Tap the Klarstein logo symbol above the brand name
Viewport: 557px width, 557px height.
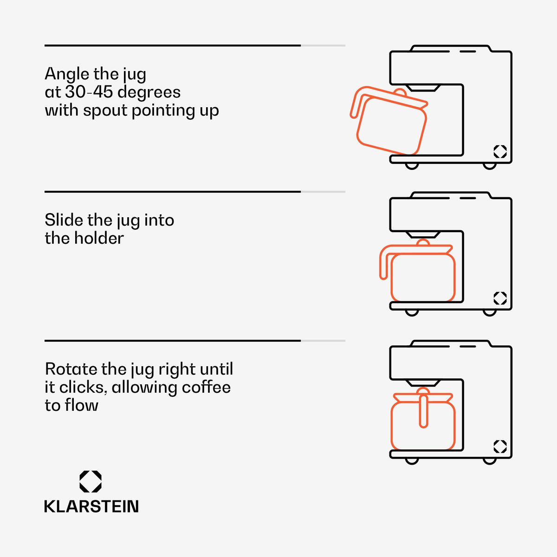click(91, 481)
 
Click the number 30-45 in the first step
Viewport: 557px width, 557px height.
click(89, 92)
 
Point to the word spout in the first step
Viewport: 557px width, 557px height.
click(105, 111)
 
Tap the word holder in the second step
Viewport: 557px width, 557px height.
click(99, 238)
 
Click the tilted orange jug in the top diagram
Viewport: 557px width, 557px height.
click(389, 121)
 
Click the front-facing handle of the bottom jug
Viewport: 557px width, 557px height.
click(423, 411)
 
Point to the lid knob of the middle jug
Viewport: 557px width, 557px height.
click(423, 242)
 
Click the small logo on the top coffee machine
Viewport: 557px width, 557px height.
click(500, 151)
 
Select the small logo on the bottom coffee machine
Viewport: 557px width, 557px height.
click(500, 447)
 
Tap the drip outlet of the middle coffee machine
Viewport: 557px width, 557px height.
click(423, 234)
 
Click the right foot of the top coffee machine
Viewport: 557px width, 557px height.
click(490, 166)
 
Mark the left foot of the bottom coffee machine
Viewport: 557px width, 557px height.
click(412, 461)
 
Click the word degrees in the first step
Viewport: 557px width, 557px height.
click(149, 92)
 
